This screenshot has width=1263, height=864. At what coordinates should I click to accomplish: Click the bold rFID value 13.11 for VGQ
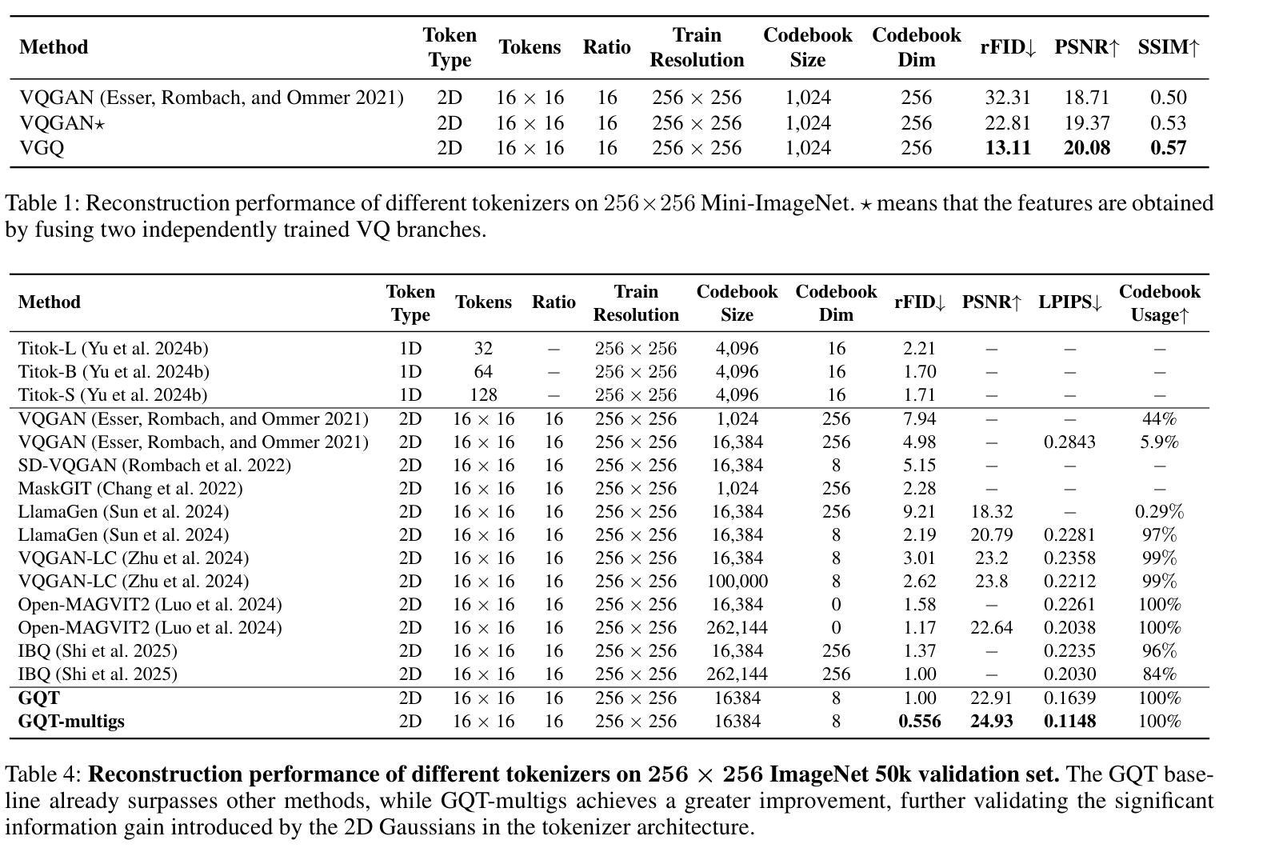pyautogui.click(x=1007, y=148)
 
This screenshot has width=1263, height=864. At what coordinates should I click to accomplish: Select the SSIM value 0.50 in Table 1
pyautogui.click(x=1169, y=97)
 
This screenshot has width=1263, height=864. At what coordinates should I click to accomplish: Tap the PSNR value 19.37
pyautogui.click(x=1086, y=123)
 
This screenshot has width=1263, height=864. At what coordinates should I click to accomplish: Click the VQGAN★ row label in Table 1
pyautogui.click(x=62, y=123)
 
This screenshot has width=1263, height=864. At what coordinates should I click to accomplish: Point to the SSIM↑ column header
pyautogui.click(x=1169, y=47)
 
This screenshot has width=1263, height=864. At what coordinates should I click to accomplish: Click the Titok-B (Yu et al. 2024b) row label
pyautogui.click(x=114, y=372)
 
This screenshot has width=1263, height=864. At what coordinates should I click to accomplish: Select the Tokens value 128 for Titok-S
pyautogui.click(x=483, y=394)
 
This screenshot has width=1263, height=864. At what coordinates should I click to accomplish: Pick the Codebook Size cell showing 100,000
pyautogui.click(x=737, y=581)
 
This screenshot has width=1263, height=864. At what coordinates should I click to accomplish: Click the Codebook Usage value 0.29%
pyautogui.click(x=1159, y=511)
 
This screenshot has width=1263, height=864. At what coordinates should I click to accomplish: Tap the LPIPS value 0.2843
pyautogui.click(x=1069, y=442)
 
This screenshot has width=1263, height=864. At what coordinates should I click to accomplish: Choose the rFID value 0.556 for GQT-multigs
pyautogui.click(x=920, y=721)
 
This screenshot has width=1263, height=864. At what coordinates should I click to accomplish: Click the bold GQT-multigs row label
pyautogui.click(x=71, y=722)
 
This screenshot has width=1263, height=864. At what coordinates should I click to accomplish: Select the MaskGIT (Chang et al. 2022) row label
pyautogui.click(x=130, y=488)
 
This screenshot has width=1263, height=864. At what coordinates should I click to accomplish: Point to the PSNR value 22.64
pyautogui.click(x=991, y=628)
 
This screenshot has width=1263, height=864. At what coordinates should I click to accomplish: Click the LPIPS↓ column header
pyautogui.click(x=1069, y=302)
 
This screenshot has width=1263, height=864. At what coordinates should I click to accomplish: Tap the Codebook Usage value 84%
pyautogui.click(x=1159, y=674)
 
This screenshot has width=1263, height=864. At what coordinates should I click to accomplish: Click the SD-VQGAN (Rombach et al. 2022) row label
pyautogui.click(x=154, y=466)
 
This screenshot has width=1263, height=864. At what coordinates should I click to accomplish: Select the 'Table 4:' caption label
pyautogui.click(x=43, y=774)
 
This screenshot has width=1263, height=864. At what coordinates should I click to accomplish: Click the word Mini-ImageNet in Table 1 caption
pyautogui.click(x=775, y=203)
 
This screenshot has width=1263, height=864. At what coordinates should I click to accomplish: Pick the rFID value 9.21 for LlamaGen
pyautogui.click(x=920, y=511)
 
